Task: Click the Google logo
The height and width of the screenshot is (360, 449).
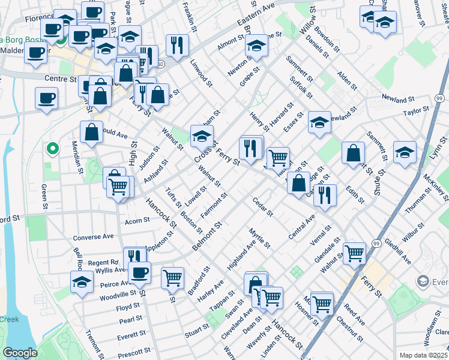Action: pos(20,353)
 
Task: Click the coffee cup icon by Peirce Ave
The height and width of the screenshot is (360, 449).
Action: pos(140,273)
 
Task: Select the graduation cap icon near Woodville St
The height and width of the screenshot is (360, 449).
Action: pos(82,283)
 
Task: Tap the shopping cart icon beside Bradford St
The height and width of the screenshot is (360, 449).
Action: pos(173,277)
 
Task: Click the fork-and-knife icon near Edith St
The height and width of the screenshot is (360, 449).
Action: pos(325,195)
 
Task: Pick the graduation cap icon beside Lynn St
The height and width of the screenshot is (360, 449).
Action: pos(405,152)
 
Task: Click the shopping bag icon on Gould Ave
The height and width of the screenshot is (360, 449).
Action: pos(91,134)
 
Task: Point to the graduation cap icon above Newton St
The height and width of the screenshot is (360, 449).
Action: pos(256,46)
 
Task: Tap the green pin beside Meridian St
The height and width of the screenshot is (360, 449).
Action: pos(53,147)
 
